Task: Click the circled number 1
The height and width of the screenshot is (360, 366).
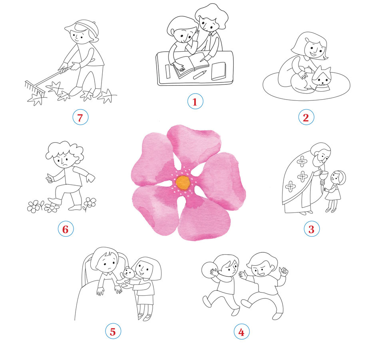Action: click(195, 101)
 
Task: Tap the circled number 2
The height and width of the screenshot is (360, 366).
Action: click(306, 117)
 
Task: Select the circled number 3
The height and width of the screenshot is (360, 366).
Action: click(311, 229)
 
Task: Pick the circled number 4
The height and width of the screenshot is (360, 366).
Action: click(242, 332)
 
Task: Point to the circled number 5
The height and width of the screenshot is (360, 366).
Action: click(113, 331)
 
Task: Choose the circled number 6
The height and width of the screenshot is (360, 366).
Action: click(66, 229)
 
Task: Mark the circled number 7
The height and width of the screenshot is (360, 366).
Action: click(80, 117)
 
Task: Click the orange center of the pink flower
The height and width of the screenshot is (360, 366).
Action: click(183, 182)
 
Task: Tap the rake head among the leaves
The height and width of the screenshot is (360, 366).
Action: click(34, 88)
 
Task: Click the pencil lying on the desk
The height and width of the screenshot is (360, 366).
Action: click(200, 74)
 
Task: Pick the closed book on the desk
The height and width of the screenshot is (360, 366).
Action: click(219, 71)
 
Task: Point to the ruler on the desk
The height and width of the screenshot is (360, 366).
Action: click(167, 72)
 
